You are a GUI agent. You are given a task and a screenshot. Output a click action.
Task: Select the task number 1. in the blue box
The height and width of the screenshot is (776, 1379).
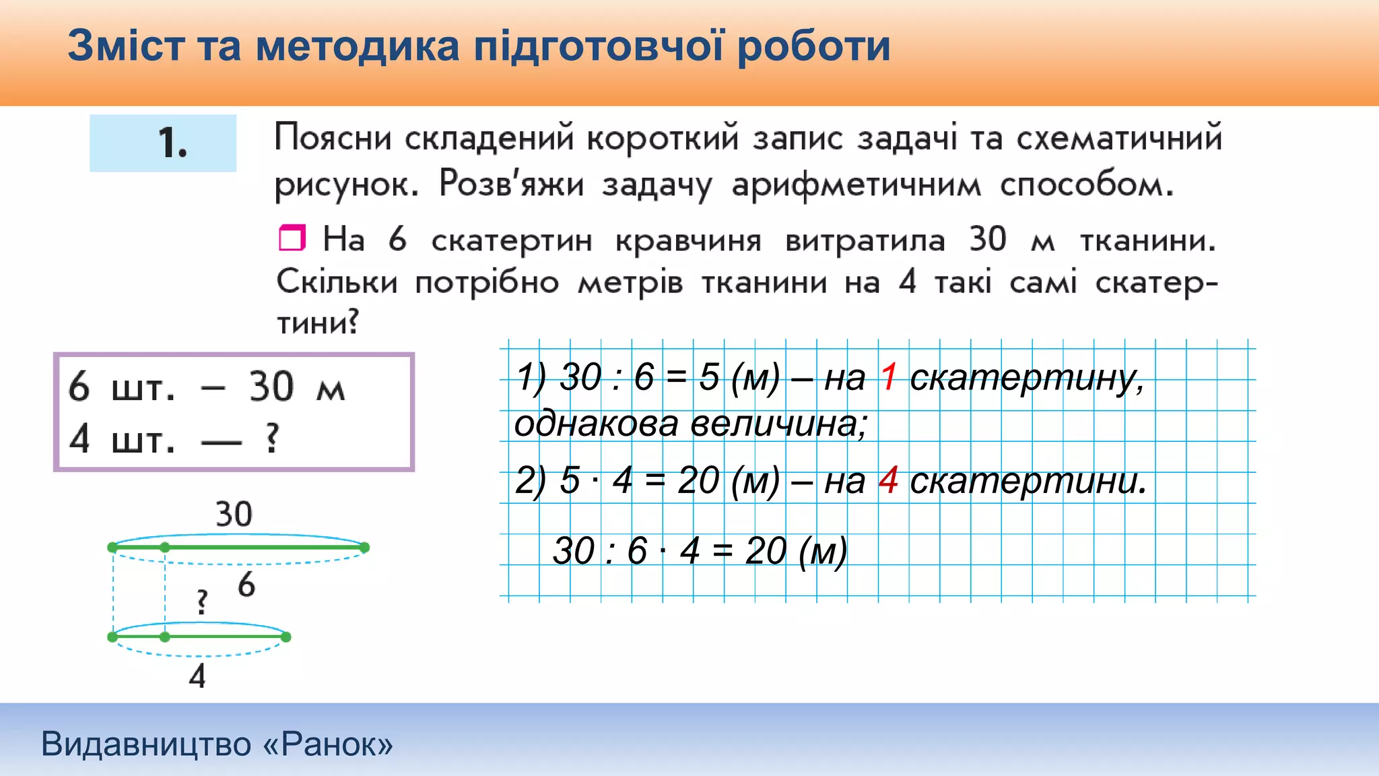pos(172,143)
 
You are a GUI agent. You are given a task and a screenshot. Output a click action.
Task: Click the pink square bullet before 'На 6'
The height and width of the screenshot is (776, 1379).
pos(292,238)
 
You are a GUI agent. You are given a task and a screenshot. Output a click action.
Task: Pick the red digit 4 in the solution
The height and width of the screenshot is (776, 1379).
pos(889,480)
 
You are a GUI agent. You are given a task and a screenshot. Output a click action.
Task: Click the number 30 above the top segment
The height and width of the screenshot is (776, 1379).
pos(234,515)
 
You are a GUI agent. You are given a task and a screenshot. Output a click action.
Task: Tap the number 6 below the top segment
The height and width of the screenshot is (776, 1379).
pos(246,584)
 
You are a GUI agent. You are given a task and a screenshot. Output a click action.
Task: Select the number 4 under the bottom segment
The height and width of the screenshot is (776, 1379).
pos(197,676)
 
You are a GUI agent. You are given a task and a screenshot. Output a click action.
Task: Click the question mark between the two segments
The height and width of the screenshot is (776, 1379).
pos(202,602)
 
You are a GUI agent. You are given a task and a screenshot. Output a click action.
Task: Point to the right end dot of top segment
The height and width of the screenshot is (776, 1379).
pos(364,548)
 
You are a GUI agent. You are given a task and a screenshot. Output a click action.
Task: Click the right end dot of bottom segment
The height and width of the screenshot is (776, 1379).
pos(285,637)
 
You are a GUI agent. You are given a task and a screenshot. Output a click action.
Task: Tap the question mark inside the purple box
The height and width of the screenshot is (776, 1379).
pos(272,438)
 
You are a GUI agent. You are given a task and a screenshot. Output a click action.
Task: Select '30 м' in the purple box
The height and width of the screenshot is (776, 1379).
pos(297,387)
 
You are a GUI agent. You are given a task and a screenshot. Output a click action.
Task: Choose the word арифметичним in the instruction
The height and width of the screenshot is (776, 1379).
pos(856,185)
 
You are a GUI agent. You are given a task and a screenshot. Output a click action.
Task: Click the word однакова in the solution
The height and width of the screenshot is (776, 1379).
pos(596,424)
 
